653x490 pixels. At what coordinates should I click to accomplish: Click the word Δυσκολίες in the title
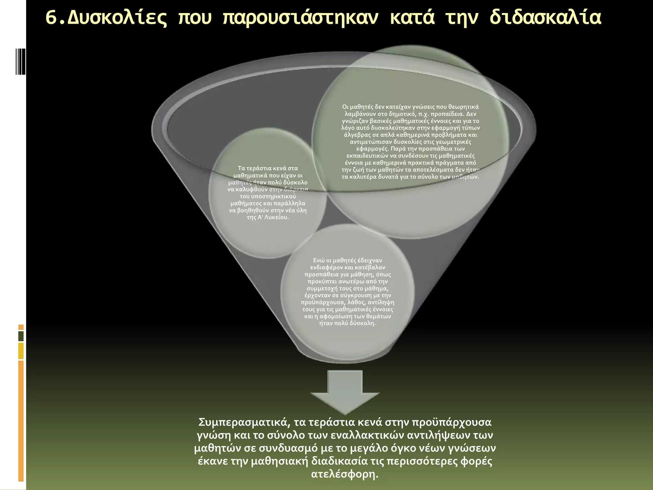117,18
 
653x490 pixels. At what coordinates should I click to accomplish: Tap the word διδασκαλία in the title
545,18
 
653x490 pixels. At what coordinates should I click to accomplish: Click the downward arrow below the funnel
345,391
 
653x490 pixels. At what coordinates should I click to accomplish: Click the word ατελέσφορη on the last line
344,474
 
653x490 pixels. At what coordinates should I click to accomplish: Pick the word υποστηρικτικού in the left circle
268,196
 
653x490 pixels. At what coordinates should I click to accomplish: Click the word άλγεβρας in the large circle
357,135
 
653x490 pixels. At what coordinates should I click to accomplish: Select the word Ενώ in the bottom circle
319,260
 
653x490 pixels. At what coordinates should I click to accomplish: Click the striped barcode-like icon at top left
20,61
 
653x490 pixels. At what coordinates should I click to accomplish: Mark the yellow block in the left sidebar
21,351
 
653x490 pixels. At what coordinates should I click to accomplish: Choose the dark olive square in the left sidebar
21,336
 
